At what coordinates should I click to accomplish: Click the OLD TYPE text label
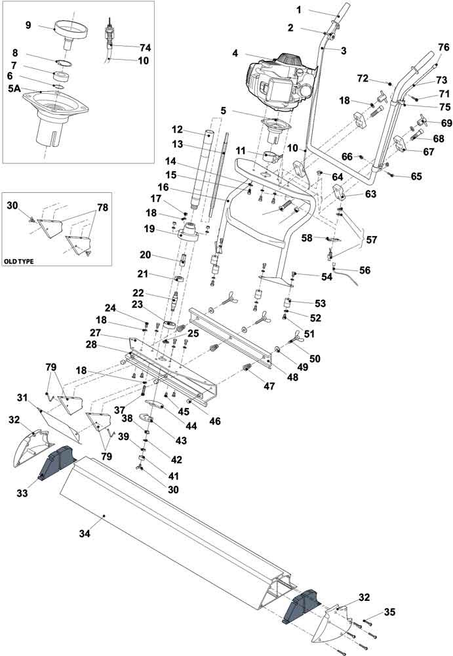pyautogui.click(x=20, y=260)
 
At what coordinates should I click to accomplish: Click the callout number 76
pyautogui.click(x=443, y=47)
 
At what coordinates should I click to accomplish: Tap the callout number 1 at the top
pyautogui.click(x=298, y=10)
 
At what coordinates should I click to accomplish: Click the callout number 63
pyautogui.click(x=371, y=194)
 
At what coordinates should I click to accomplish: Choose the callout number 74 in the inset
pyautogui.click(x=145, y=47)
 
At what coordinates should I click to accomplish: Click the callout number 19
pyautogui.click(x=149, y=229)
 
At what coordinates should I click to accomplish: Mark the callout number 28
pyautogui.click(x=92, y=344)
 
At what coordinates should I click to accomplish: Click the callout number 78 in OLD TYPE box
pyautogui.click(x=102, y=207)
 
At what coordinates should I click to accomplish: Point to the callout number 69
pyautogui.click(x=446, y=123)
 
